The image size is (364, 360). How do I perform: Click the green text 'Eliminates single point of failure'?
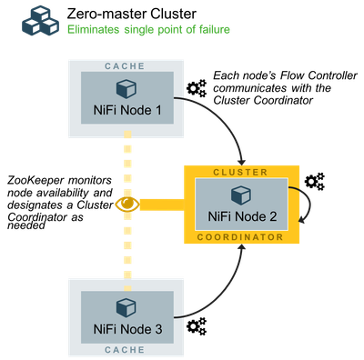(x=148, y=30)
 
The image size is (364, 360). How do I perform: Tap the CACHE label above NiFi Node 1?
(x=126, y=66)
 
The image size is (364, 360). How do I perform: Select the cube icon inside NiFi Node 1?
(x=126, y=89)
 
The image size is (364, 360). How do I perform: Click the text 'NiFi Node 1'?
(x=126, y=112)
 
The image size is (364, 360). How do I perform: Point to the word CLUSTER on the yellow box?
(x=240, y=171)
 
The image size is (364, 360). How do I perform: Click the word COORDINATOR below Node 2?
(x=240, y=236)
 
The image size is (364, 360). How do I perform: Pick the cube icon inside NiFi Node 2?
(x=240, y=195)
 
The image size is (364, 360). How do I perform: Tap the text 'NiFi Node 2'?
(x=240, y=217)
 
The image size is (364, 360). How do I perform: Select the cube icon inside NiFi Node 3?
(x=126, y=305)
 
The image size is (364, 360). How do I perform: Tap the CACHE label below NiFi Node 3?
(x=126, y=349)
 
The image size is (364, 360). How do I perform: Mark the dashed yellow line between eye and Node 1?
(x=127, y=164)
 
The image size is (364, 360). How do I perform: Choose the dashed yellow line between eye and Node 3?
(x=127, y=245)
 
